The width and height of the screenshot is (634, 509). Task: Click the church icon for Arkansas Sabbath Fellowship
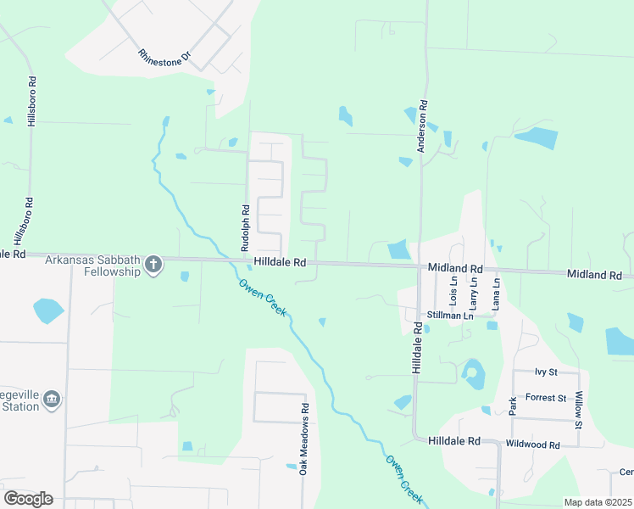click(x=153, y=265)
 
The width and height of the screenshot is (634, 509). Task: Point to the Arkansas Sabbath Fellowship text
click(x=92, y=266)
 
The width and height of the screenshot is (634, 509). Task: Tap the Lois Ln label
click(x=454, y=291)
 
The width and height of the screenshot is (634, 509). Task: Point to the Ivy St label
click(x=546, y=372)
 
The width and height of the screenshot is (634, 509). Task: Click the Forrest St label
click(x=546, y=397)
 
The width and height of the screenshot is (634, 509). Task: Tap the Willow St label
click(x=580, y=410)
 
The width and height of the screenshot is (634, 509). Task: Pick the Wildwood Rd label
click(x=532, y=445)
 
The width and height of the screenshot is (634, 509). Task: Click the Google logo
click(x=29, y=499)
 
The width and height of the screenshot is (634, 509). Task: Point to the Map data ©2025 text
click(x=598, y=502)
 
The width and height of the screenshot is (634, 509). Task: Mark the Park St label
click(x=512, y=406)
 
